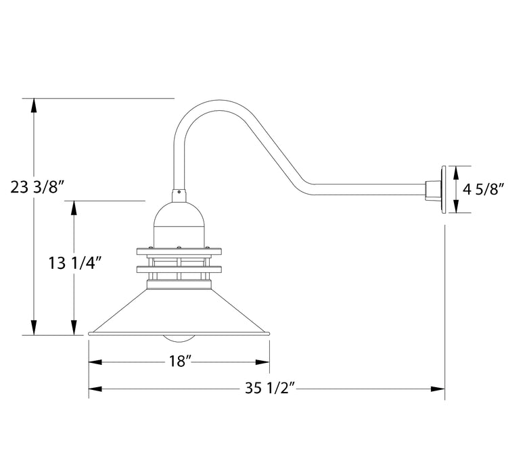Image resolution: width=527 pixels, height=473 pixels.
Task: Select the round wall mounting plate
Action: tap(443, 190)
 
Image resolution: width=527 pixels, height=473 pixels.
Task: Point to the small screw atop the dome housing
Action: tap(179, 195)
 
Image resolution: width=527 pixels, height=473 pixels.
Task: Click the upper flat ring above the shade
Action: tap(179, 252)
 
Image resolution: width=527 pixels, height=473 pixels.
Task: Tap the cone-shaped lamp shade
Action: tap(179, 312)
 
